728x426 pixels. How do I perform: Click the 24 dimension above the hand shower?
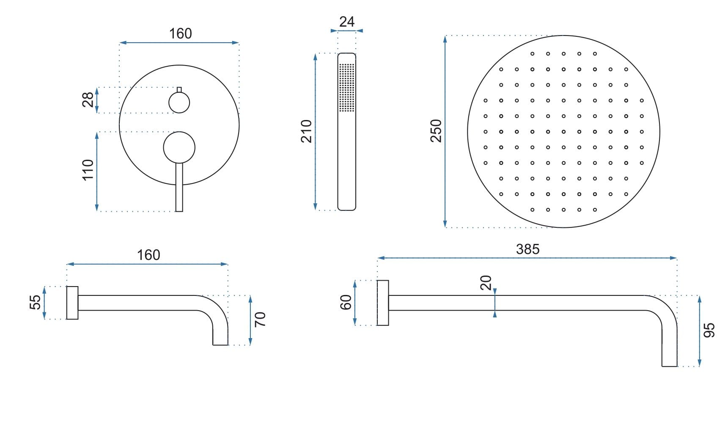tap(347, 22)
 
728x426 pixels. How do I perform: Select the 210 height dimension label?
tap(306, 131)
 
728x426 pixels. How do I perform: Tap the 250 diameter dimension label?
tap(436, 131)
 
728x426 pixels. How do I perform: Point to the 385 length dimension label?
tap(527, 249)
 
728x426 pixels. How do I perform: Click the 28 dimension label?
tap(88, 100)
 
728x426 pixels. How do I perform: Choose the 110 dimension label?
tap(88, 170)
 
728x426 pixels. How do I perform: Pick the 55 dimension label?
tap(36, 302)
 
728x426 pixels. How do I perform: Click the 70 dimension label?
tap(260, 319)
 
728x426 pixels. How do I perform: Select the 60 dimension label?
tap(346, 303)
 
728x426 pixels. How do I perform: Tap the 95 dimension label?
tap(709, 330)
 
